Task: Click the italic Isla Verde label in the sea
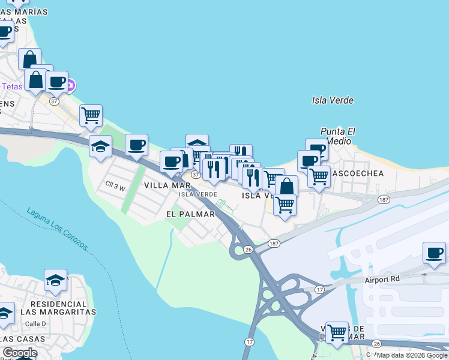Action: pos(333,100)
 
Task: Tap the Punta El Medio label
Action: pos(338,136)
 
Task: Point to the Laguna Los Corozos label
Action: pos(58,229)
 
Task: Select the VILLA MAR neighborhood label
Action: pos(167,186)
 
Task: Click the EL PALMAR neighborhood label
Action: pos(190,214)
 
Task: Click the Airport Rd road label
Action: pos(382,280)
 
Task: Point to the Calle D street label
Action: pos(36,323)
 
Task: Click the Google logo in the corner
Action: pos(20,353)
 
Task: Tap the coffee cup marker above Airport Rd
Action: pos(434,253)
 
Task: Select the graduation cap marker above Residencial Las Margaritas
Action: pos(56,280)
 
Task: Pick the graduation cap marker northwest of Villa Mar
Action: pos(101,146)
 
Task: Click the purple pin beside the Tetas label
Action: pos(70,85)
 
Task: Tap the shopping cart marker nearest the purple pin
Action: pos(91,115)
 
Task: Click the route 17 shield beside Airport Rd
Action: pos(320,290)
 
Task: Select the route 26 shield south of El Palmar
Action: pos(248,249)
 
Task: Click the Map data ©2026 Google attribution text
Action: pos(412,355)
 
